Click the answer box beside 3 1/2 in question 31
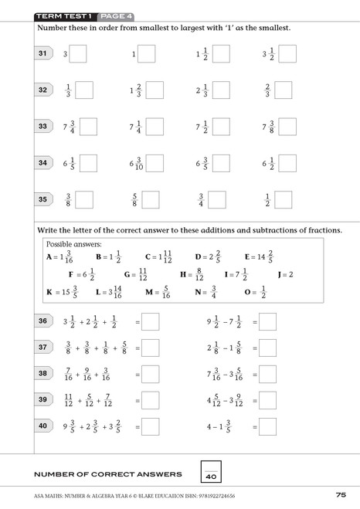click(289, 54)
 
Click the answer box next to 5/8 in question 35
click(151, 199)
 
